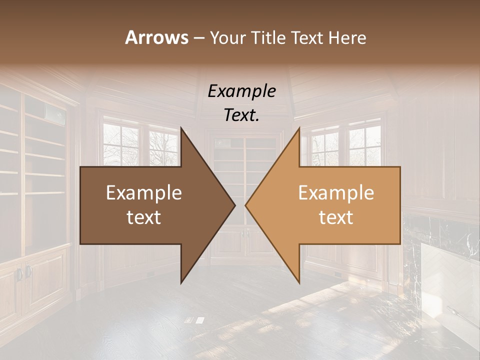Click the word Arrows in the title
(157, 37)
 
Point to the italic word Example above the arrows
(241, 91)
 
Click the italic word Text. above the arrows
(241, 115)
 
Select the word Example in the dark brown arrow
(144, 193)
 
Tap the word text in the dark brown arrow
(144, 217)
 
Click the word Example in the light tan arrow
(336, 193)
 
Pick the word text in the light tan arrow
(336, 217)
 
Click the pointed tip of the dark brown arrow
(234, 205)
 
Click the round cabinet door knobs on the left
(23, 273)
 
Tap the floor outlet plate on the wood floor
(194, 320)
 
